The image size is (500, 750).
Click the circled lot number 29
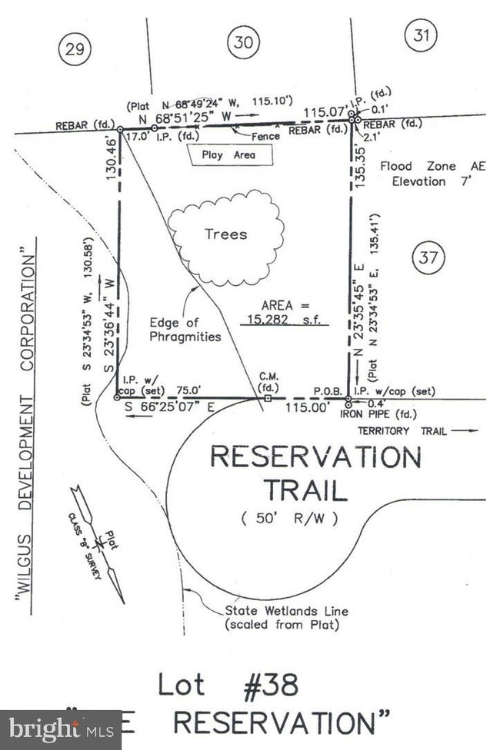(x=74, y=50)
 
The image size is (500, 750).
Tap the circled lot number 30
(x=242, y=43)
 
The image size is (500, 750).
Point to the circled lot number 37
(x=427, y=258)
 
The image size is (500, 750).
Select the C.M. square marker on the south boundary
(x=267, y=399)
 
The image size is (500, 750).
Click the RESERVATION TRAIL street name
(x=315, y=473)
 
